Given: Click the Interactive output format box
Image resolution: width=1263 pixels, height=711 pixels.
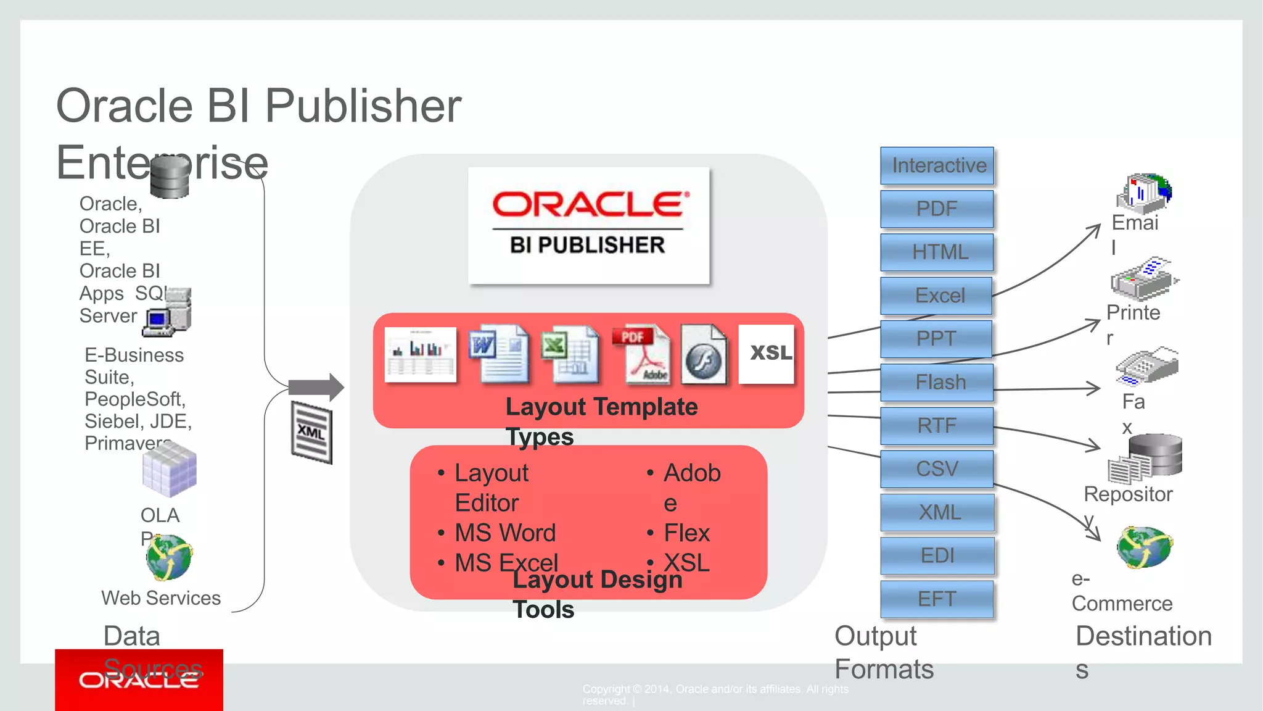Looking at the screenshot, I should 937,165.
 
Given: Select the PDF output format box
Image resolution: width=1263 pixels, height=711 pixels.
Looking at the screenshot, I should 937,209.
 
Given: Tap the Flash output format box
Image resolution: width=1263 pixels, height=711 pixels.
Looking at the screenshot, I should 937,382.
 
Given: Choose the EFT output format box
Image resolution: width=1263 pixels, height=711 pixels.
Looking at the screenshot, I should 937,599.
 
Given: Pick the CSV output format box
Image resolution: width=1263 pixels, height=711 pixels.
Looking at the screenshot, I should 937,468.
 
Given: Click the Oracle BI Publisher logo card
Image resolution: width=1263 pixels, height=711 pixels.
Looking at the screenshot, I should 588,225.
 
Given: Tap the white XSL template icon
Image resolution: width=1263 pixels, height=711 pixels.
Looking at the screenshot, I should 767,354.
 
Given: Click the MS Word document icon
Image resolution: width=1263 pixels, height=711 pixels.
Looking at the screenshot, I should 498,354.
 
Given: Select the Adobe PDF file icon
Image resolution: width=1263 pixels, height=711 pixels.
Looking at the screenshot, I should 641,355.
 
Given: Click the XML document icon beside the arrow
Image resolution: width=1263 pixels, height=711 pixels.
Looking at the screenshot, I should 311,432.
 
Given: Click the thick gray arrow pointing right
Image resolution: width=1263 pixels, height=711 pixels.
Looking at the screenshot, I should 316,388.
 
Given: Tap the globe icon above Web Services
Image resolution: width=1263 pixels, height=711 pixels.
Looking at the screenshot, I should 169,557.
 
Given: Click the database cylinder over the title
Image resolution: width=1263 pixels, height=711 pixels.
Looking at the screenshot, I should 170,177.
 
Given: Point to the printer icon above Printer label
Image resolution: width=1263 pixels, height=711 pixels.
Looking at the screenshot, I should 1142,280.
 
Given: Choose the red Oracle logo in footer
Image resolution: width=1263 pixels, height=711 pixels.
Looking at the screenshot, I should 139,680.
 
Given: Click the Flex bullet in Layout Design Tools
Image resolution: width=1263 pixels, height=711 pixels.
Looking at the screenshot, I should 686,533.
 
